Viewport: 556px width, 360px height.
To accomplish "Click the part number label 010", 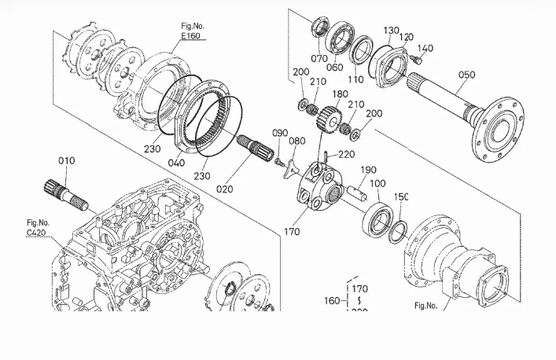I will (x=66, y=161).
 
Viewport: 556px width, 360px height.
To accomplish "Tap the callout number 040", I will (x=178, y=163).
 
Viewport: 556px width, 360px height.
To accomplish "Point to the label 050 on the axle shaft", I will (x=466, y=75).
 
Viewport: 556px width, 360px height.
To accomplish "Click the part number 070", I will (x=319, y=58).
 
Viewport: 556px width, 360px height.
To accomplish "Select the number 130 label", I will (x=392, y=31).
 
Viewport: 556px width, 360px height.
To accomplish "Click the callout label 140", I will (x=425, y=49).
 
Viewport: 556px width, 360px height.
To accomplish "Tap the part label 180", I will (x=339, y=94).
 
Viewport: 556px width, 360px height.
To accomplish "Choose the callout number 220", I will (x=346, y=155).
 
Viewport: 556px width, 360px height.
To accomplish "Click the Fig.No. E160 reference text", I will (x=192, y=31).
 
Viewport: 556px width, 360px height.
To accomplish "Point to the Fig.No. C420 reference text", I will (x=38, y=228).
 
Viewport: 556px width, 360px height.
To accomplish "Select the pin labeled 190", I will (x=357, y=186).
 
